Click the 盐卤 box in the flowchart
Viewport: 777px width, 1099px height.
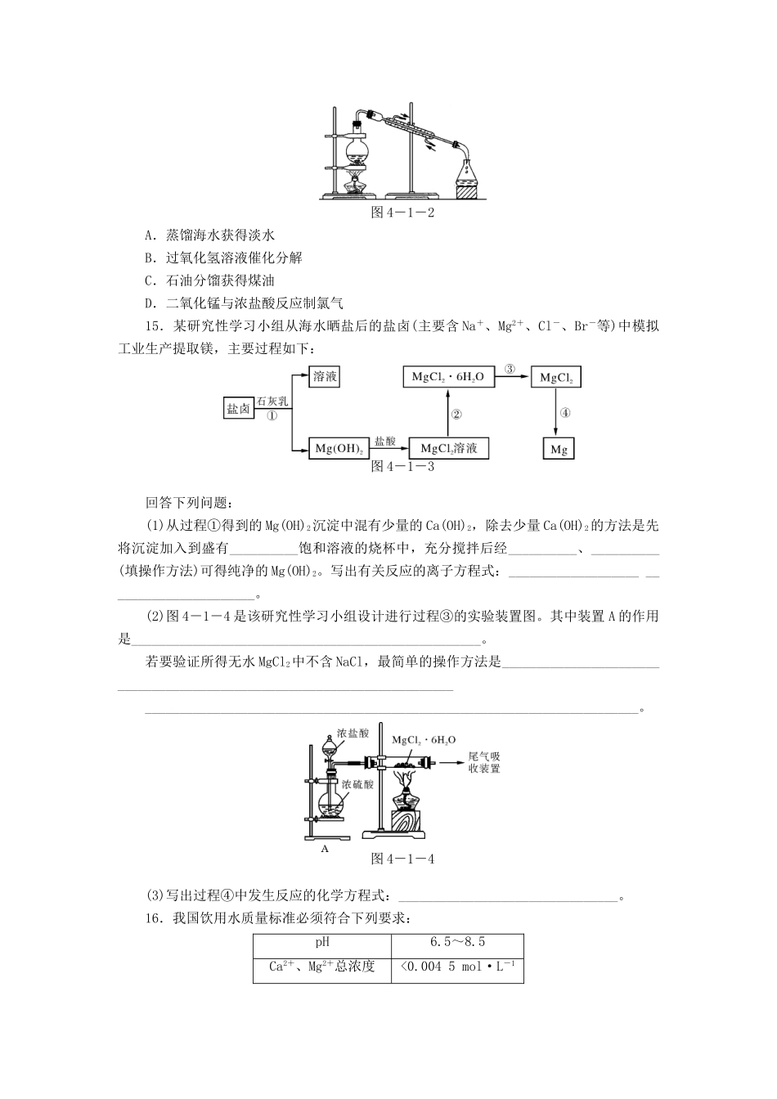pyautogui.click(x=239, y=407)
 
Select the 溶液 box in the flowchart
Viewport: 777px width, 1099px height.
pyautogui.click(x=325, y=376)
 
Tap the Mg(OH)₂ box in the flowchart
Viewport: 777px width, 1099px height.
pyautogui.click(x=338, y=448)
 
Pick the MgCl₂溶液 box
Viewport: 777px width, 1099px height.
pyautogui.click(x=449, y=448)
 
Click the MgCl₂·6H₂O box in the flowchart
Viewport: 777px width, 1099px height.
pyautogui.click(x=447, y=376)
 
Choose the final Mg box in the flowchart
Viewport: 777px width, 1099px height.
pyautogui.click(x=559, y=449)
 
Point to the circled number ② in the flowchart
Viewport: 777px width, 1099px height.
pyautogui.click(x=457, y=414)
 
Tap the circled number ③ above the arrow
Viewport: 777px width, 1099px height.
pyautogui.click(x=510, y=369)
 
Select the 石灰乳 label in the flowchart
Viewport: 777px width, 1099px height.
pyautogui.click(x=272, y=401)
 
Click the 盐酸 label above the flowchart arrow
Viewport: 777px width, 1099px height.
pyautogui.click(x=384, y=441)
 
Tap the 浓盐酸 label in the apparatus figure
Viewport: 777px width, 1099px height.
pyautogui.click(x=353, y=733)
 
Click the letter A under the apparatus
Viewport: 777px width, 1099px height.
pyautogui.click(x=325, y=849)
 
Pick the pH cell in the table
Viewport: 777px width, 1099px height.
pyautogui.click(x=322, y=942)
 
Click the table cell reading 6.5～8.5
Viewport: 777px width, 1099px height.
pyautogui.click(x=457, y=942)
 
